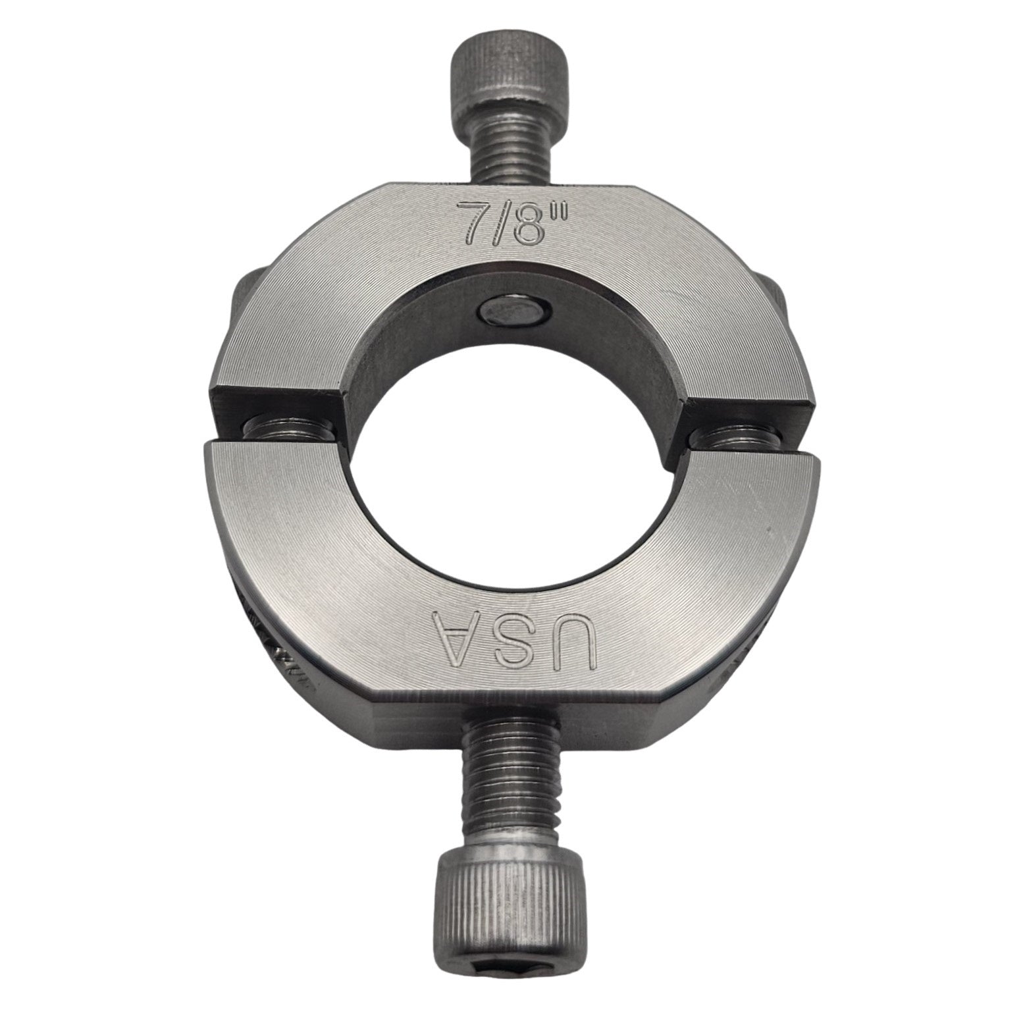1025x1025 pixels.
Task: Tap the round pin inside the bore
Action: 511,309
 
